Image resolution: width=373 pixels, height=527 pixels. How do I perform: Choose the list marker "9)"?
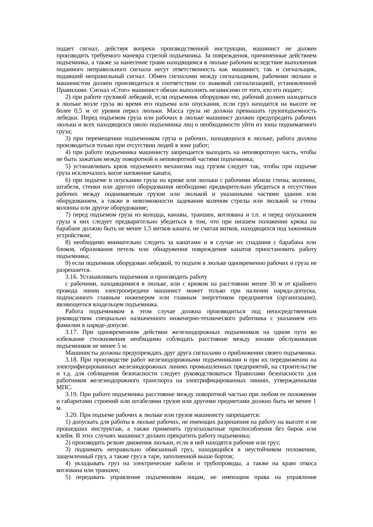click(x=68, y=263)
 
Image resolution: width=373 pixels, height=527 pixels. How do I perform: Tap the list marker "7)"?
click(x=68, y=215)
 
